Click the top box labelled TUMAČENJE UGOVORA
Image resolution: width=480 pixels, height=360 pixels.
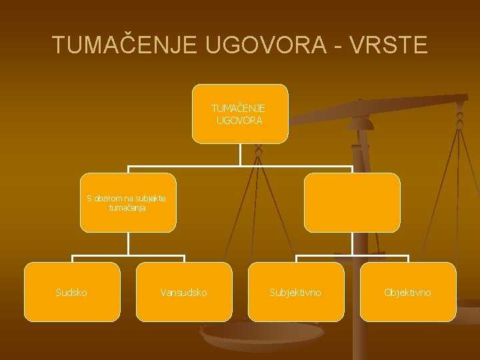240,113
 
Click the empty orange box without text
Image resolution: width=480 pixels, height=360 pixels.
352,203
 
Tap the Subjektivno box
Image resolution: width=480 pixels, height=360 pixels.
296,291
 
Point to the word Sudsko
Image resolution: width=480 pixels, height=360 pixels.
71,292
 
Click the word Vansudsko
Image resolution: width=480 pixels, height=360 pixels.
184,292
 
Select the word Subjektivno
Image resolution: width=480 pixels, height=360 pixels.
295,292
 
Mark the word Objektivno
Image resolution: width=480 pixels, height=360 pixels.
407,292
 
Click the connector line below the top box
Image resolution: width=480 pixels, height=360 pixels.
240,155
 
